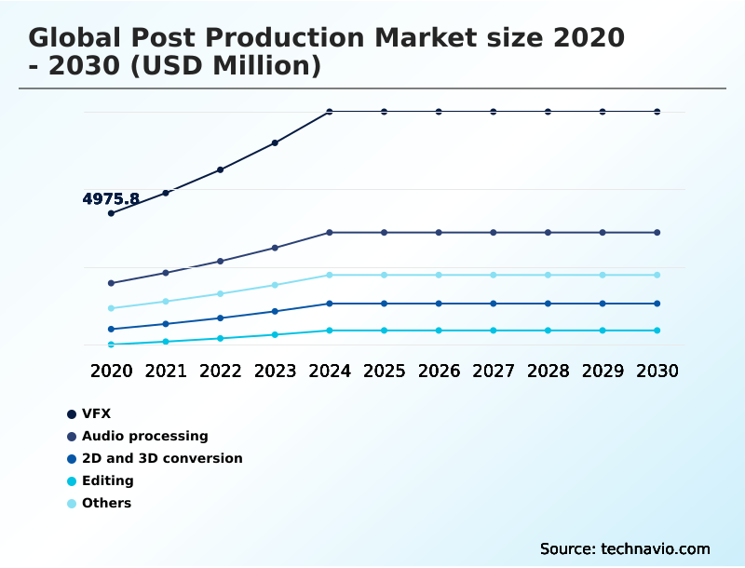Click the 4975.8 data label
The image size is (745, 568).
pyautogui.click(x=111, y=199)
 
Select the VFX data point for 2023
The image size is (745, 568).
pyautogui.click(x=275, y=143)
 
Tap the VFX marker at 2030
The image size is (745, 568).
pyautogui.click(x=657, y=112)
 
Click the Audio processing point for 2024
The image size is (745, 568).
pyautogui.click(x=330, y=232)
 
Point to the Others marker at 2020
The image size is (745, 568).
pyautogui.click(x=111, y=308)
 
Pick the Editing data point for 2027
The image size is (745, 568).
pyautogui.click(x=494, y=331)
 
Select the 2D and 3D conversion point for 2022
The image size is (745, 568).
pyautogui.click(x=221, y=318)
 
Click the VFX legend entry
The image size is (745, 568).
pyautogui.click(x=96, y=413)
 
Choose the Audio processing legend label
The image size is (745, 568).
pyautogui.click(x=144, y=436)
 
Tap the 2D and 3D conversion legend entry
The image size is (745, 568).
pyautogui.click(x=162, y=458)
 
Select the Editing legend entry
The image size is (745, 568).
pyautogui.click(x=107, y=480)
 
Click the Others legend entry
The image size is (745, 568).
pyautogui.click(x=106, y=503)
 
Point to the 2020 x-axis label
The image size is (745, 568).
pyautogui.click(x=111, y=371)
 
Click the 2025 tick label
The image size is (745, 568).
pyautogui.click(x=384, y=371)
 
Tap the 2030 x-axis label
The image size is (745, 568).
pyautogui.click(x=657, y=371)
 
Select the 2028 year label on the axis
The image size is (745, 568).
pyautogui.click(x=548, y=371)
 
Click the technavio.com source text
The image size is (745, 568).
pyautogui.click(x=656, y=548)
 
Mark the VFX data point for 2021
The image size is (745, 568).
pyautogui.click(x=166, y=193)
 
